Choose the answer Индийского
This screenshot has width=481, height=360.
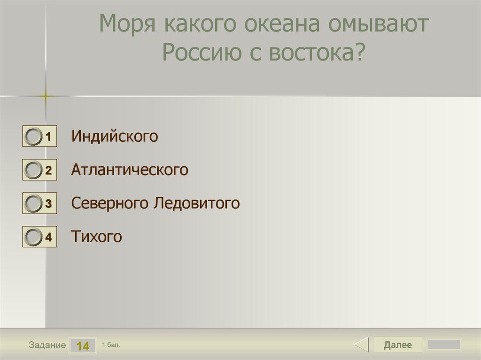click(115, 137)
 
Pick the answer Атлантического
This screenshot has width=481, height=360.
click(130, 170)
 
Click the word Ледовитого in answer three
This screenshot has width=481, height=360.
click(197, 203)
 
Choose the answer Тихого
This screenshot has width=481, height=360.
click(96, 237)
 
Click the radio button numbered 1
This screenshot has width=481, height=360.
click(33, 137)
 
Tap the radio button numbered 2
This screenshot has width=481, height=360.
click(33, 170)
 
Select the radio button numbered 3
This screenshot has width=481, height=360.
click(33, 204)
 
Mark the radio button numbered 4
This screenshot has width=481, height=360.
click(33, 237)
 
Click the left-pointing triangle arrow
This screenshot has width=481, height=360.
click(361, 345)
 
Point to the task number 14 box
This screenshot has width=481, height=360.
click(83, 346)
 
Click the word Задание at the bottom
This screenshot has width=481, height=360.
click(47, 345)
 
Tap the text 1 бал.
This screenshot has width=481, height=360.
click(111, 345)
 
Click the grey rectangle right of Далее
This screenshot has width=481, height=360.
click(444, 345)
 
